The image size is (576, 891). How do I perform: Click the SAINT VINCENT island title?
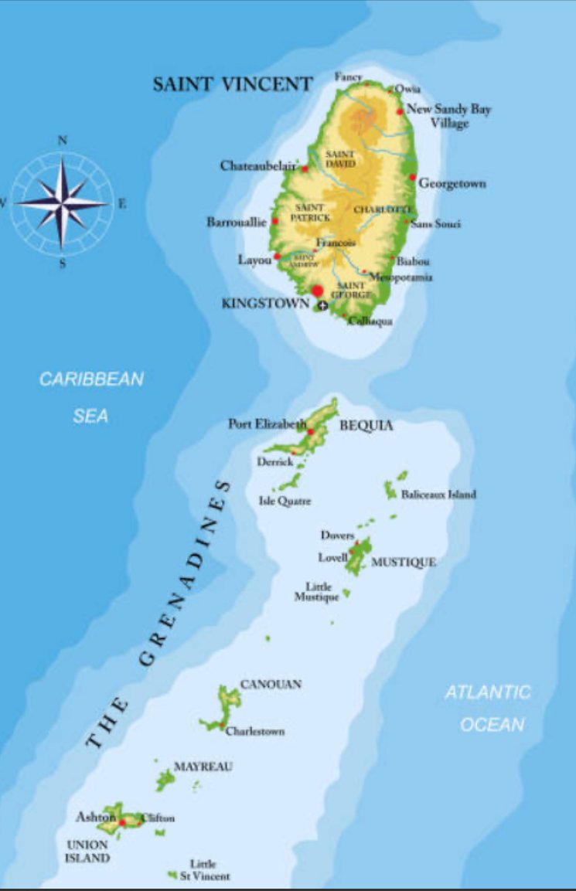232,84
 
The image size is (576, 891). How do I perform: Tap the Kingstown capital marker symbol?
321,306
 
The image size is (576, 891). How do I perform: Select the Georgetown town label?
452,184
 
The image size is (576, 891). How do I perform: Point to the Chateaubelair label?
258,165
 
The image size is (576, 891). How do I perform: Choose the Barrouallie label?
237,222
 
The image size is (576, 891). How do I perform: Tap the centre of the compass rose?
63,203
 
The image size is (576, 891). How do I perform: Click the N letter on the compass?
63,141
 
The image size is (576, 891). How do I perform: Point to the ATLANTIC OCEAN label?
488,708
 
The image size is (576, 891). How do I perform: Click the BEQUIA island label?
366,426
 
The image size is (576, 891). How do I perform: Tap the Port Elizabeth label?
266,423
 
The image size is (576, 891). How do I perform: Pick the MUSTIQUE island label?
403,562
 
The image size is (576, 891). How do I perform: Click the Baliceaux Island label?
438,494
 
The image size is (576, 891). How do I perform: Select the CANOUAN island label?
271,684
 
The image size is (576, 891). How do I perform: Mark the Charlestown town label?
255,731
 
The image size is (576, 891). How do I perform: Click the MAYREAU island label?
203,767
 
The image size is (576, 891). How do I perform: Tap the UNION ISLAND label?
87,851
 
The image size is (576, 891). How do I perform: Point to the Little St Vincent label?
205,870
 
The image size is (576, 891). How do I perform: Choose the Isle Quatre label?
285,501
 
